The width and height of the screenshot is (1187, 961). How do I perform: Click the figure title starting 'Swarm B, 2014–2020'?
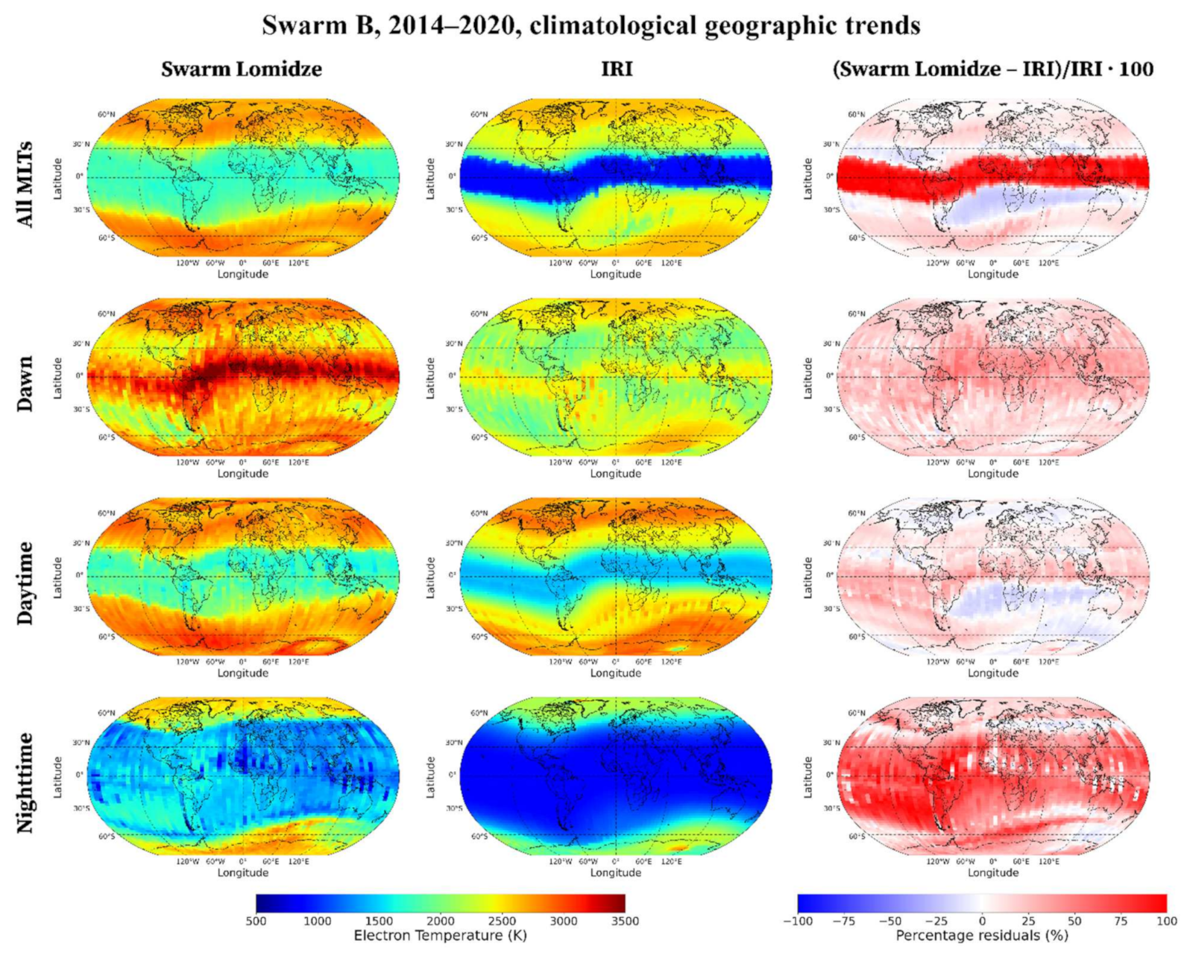pos(591,25)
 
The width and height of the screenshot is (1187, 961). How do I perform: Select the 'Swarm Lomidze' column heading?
pos(242,69)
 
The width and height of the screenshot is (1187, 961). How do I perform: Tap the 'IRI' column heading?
pos(617,69)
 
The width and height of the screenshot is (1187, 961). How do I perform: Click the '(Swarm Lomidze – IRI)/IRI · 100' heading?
pos(992,69)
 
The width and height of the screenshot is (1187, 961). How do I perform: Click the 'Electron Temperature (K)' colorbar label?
pos(440,936)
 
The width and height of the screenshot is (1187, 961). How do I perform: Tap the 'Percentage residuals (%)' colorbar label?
pos(981,936)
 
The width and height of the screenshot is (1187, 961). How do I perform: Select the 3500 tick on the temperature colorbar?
pos(625,921)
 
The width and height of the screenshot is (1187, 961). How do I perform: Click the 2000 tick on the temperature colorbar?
pos(440,921)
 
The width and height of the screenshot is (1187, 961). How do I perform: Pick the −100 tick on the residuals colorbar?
pos(797,921)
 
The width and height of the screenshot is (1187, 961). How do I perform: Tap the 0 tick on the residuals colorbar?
pos(982,921)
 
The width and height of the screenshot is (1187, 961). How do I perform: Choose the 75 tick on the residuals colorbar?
pos(1121,921)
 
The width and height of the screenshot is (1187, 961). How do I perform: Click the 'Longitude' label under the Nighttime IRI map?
pos(616,872)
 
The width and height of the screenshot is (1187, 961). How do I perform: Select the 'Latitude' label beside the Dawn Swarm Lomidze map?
pos(57,378)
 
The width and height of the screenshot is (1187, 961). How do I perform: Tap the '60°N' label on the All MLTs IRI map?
pos(479,115)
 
